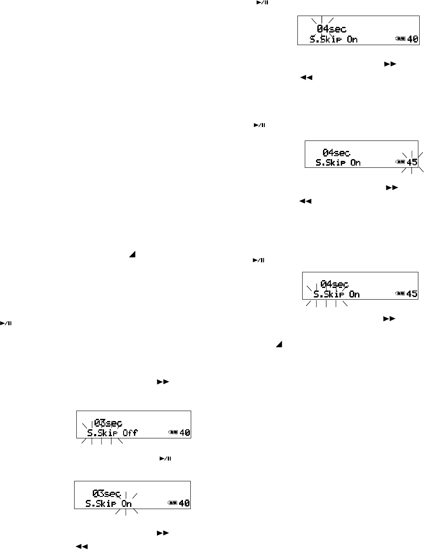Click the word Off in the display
(x=130, y=433)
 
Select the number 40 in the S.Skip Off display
(x=185, y=433)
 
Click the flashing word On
(x=126, y=504)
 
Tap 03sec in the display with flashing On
(x=106, y=493)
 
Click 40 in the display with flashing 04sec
(x=413, y=39)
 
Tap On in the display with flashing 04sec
(x=352, y=39)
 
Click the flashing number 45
(x=412, y=163)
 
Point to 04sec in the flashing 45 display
(x=336, y=153)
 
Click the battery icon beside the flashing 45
(x=400, y=162)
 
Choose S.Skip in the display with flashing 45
(x=332, y=163)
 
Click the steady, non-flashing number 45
(x=412, y=294)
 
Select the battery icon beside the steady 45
(x=400, y=294)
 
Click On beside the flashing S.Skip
(x=354, y=294)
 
